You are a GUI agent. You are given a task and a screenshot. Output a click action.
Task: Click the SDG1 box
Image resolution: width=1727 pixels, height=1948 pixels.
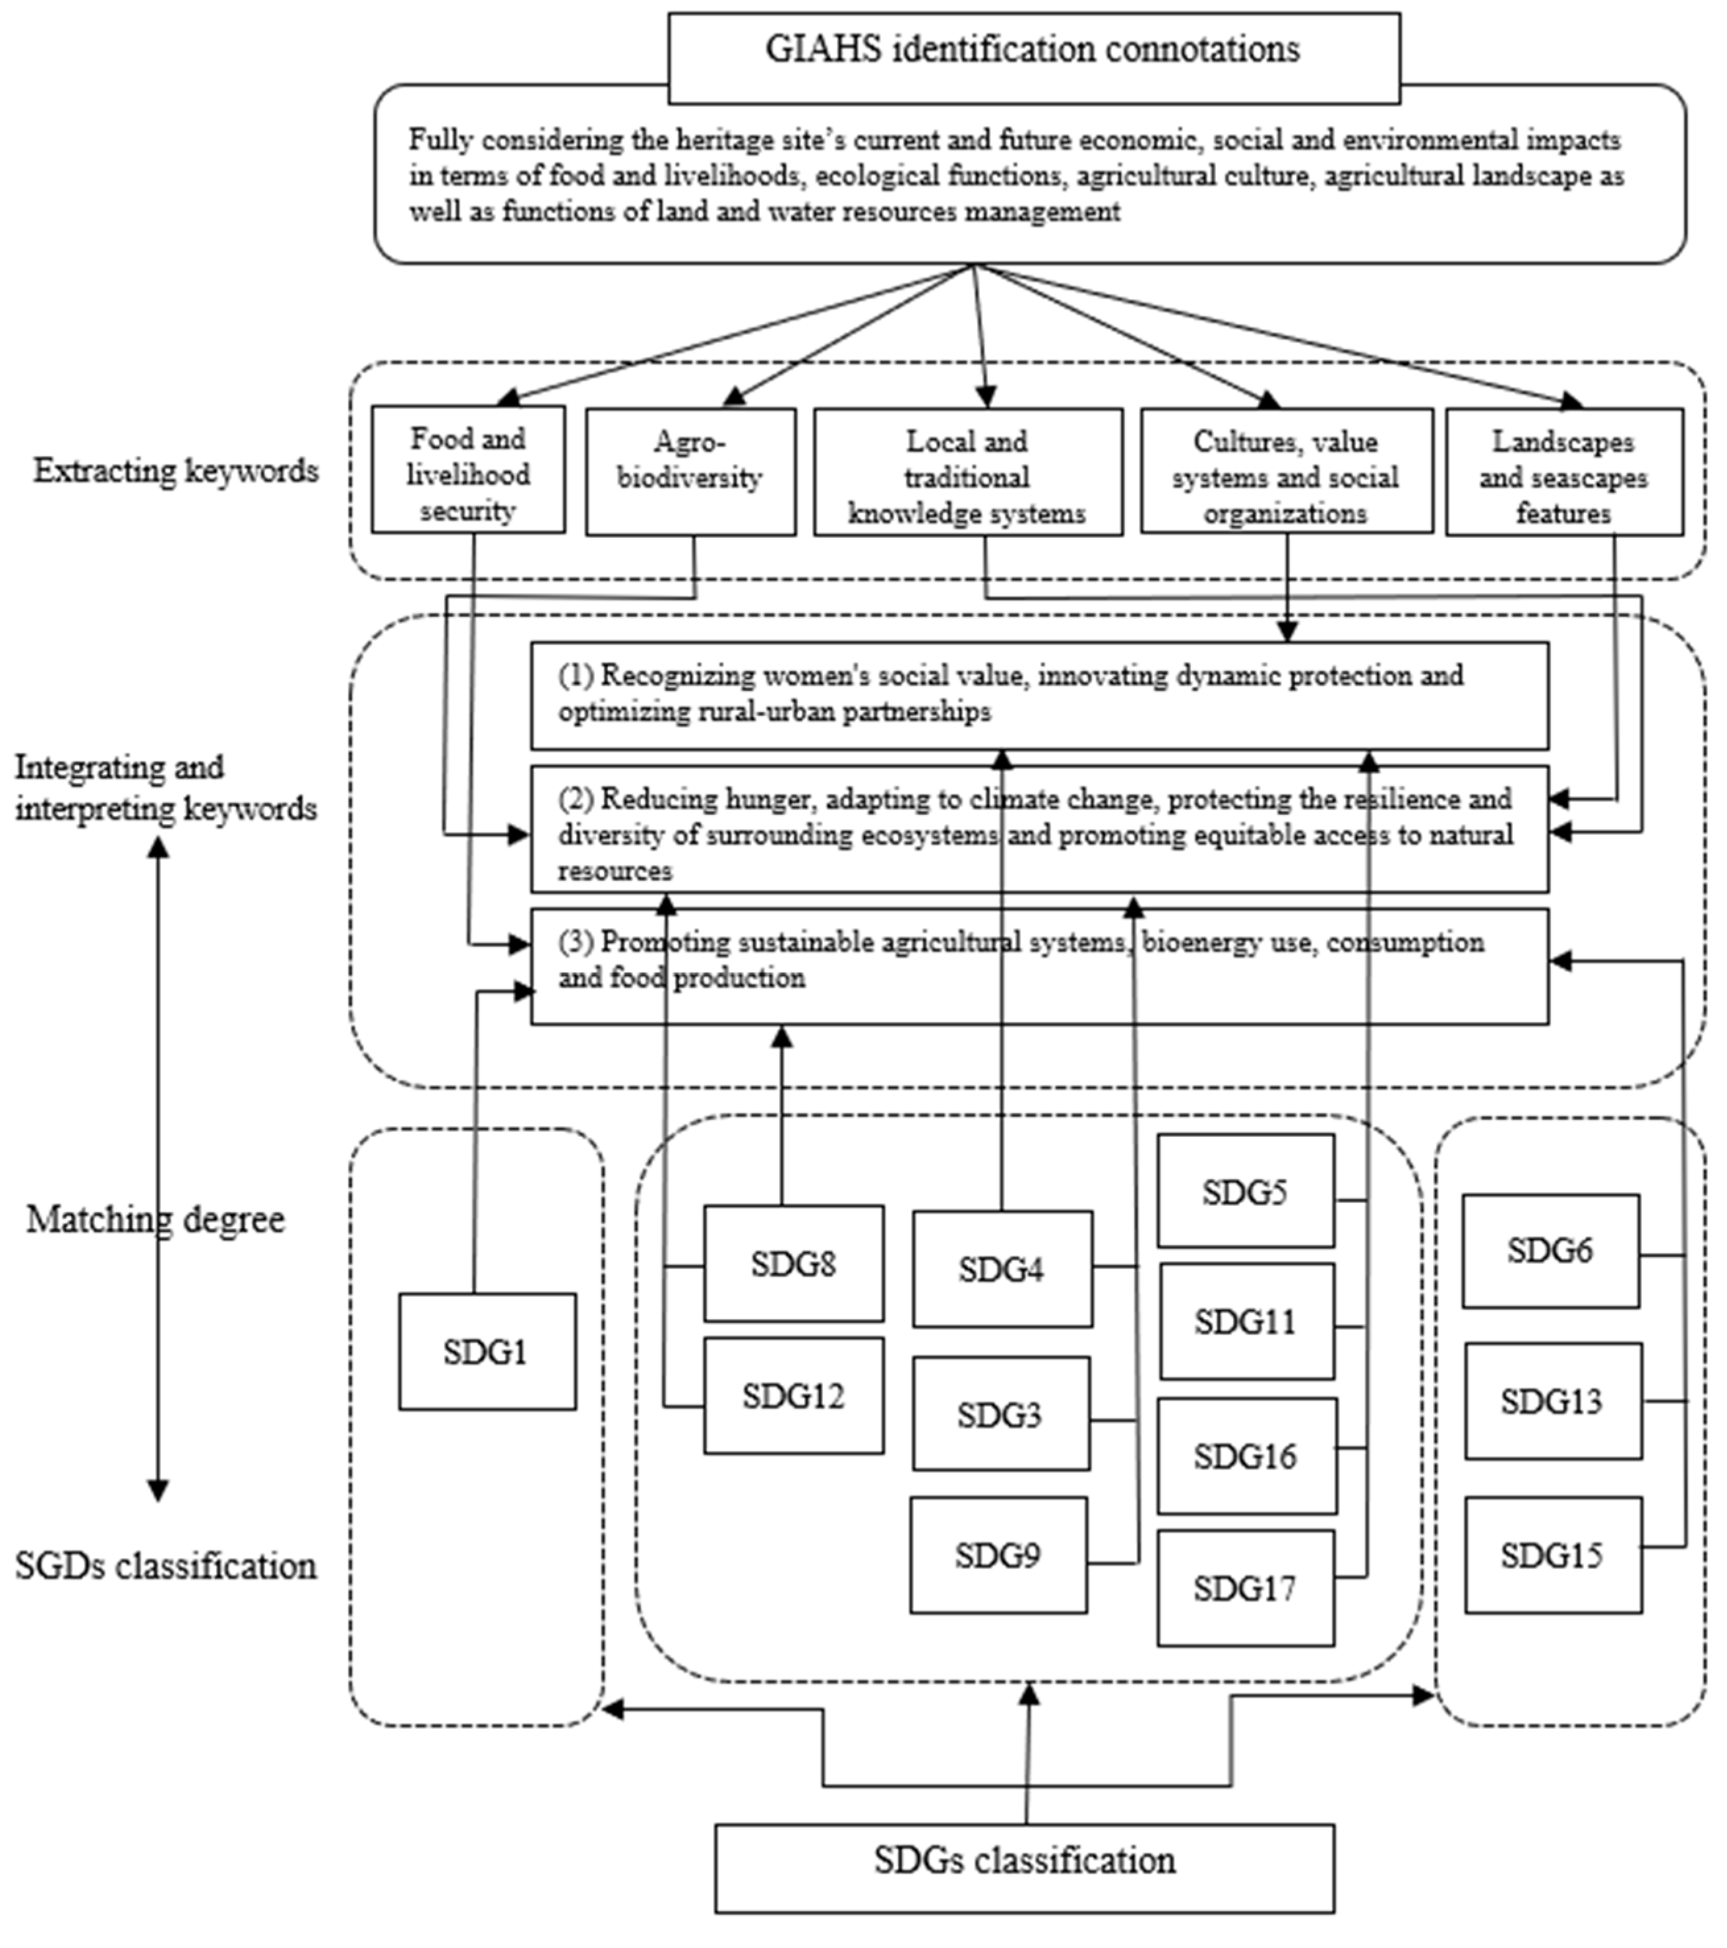coord(487,1351)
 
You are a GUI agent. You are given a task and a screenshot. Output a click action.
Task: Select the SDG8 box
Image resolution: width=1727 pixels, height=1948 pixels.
coord(793,1264)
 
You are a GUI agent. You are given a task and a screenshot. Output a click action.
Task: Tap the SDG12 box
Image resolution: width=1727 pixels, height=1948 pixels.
coord(793,1396)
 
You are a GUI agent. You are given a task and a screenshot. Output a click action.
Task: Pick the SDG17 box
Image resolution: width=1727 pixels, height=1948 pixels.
coord(1245,1589)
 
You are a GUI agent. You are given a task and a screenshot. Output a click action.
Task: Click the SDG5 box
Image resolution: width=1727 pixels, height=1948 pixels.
coord(1245,1191)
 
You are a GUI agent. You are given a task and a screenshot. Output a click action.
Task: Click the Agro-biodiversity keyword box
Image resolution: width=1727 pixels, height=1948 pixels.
coord(690,472)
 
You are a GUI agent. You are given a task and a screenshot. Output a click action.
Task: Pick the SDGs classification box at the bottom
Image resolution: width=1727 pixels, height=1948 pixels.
coord(1024,1860)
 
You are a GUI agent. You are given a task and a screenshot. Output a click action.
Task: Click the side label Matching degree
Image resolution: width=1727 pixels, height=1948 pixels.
coord(155,1219)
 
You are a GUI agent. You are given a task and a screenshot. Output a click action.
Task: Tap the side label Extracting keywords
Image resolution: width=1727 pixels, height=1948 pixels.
coord(176,470)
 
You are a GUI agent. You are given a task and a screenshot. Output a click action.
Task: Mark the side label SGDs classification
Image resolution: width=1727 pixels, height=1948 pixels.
coord(166,1566)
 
